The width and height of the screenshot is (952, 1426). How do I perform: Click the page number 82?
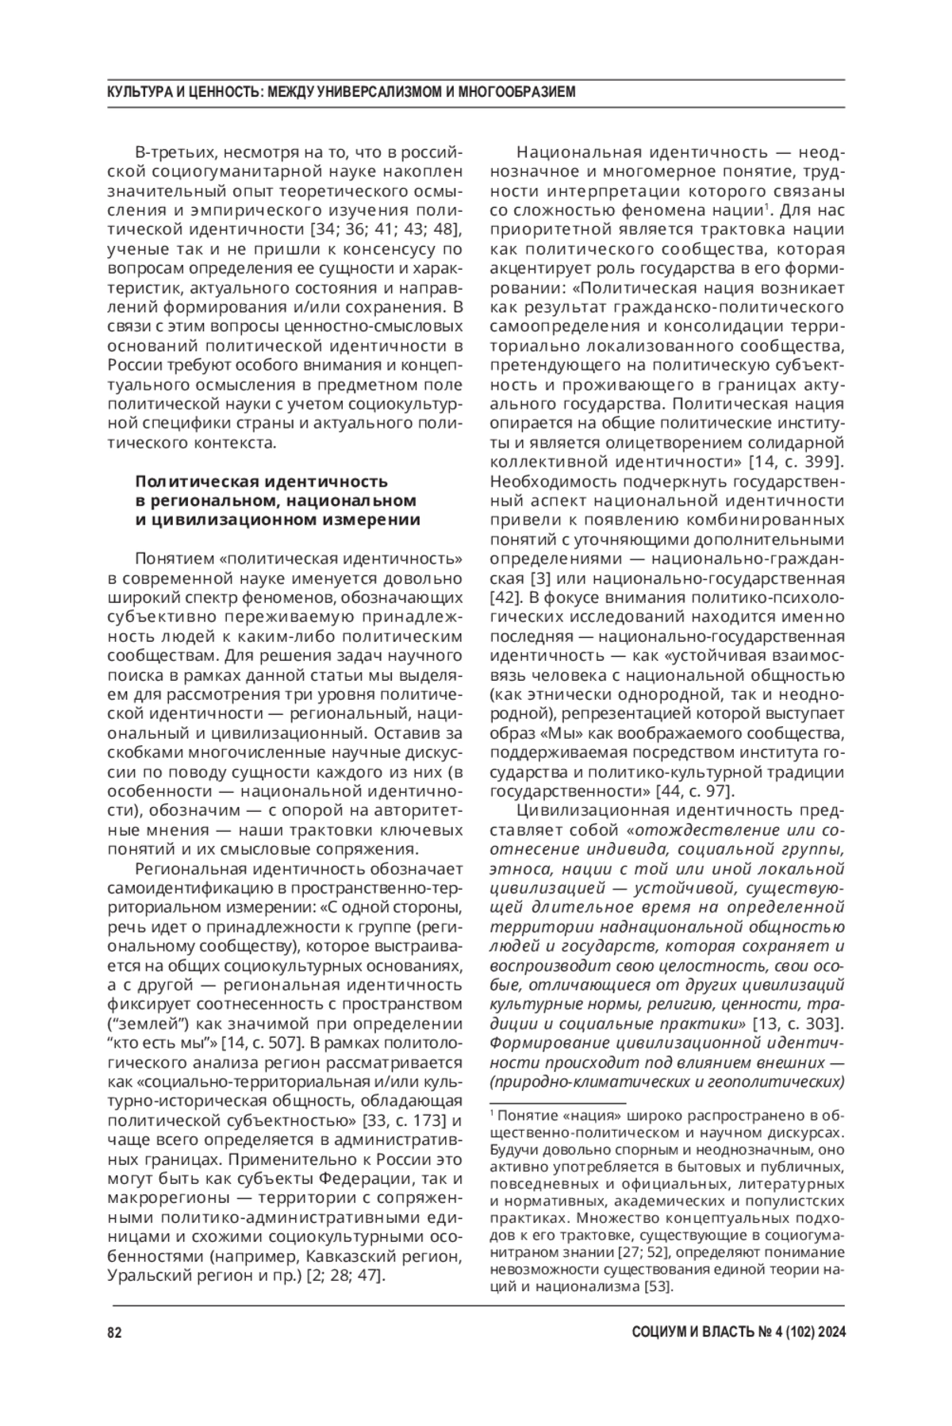point(113,1332)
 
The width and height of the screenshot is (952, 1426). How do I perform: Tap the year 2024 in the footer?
point(828,1332)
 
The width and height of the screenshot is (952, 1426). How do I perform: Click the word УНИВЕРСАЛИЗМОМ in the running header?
point(378,93)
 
